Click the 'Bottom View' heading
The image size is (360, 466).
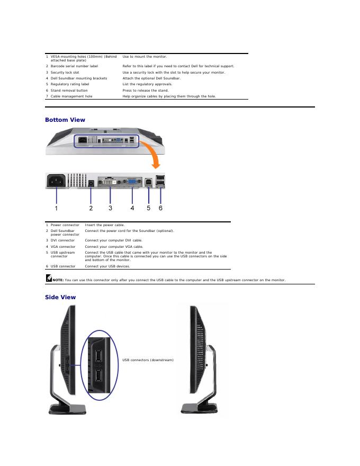pyautogui.click(x=65, y=120)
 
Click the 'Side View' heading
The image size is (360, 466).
pyautogui.click(x=60, y=297)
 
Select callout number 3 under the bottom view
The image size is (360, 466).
pyautogui.click(x=110, y=208)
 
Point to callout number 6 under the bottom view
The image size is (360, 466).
pyautogui.click(x=160, y=208)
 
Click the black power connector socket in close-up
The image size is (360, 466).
pyautogui.click(x=57, y=181)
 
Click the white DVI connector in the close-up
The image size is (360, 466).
pyautogui.click(x=110, y=181)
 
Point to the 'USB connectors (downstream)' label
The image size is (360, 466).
pyautogui.click(x=148, y=360)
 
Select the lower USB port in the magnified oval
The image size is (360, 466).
pyautogui.click(x=98, y=377)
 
